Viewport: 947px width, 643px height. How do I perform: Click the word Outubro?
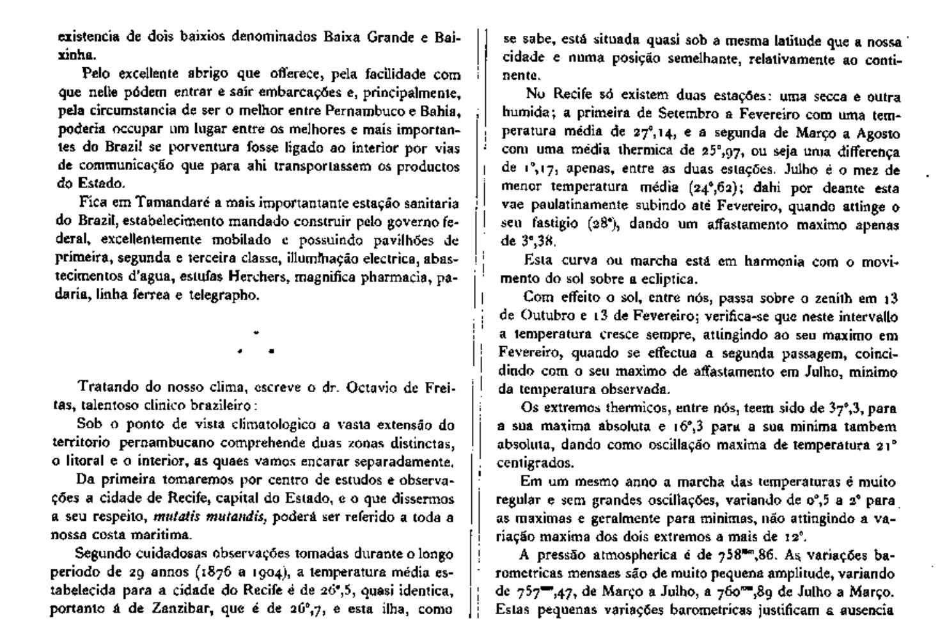click(x=543, y=316)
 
